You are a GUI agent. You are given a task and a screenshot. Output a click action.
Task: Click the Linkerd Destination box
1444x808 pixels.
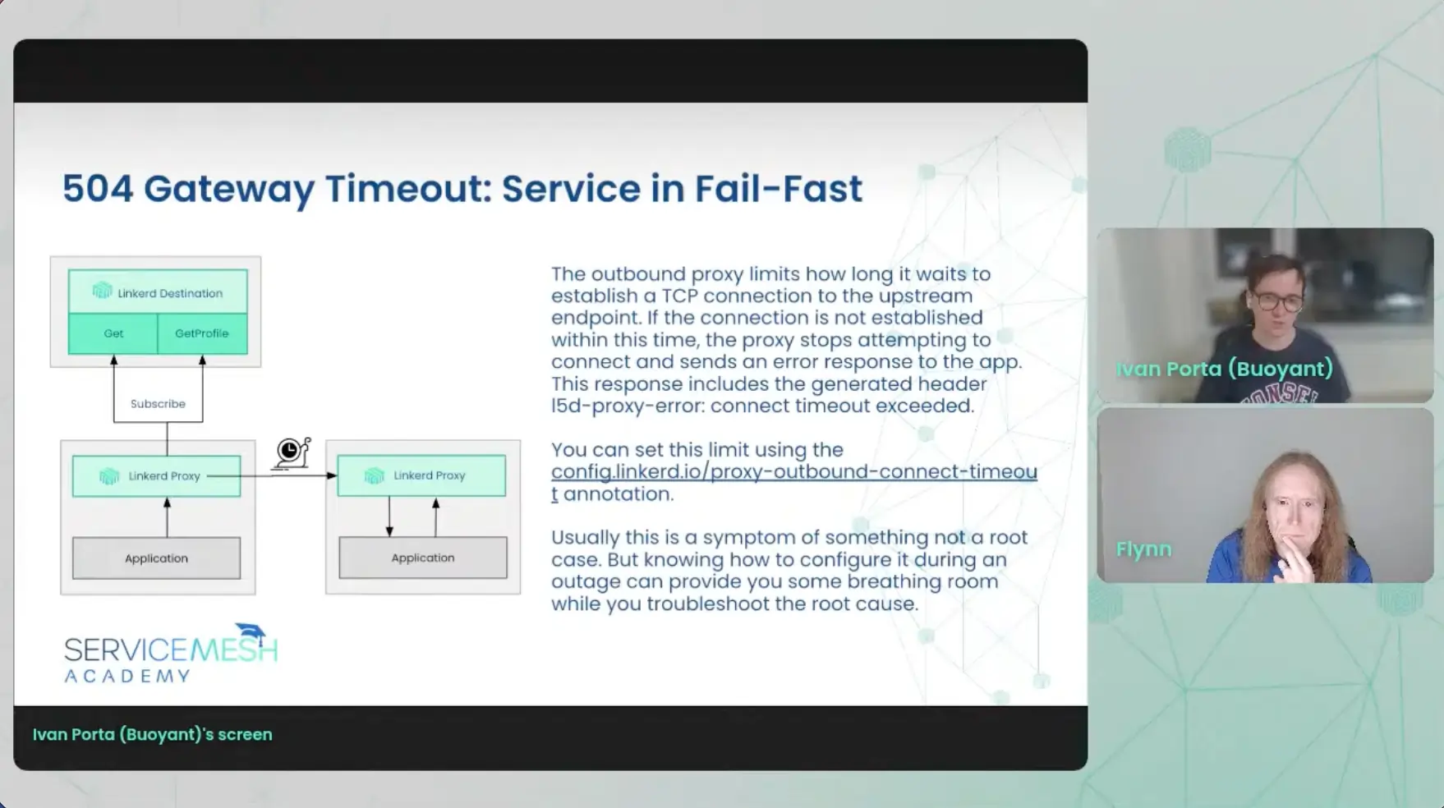click(x=158, y=292)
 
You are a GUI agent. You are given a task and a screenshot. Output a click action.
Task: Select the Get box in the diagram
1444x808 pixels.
click(x=113, y=333)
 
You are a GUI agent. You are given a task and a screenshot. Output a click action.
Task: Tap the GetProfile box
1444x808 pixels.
click(x=202, y=333)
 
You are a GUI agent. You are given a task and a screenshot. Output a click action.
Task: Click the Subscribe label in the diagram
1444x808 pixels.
click(x=158, y=404)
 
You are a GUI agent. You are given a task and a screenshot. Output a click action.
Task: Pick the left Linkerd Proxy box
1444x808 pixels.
click(x=156, y=476)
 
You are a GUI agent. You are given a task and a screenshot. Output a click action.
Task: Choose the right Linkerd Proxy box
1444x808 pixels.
click(x=421, y=475)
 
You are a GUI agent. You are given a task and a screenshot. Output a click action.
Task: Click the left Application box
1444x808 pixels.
click(x=156, y=558)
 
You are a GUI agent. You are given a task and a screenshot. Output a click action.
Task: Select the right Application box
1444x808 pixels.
click(x=423, y=558)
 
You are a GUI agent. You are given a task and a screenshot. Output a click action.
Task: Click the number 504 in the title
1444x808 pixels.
click(x=98, y=189)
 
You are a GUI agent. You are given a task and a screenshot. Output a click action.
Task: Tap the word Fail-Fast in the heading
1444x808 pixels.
click(x=779, y=189)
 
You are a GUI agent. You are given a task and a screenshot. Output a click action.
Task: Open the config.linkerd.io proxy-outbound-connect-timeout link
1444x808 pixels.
click(x=794, y=482)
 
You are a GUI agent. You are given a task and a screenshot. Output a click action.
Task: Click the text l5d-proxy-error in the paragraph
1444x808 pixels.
click(x=628, y=406)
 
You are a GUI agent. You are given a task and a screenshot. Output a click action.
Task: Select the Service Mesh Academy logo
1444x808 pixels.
click(x=171, y=654)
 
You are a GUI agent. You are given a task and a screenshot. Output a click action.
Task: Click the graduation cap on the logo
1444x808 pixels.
click(x=251, y=634)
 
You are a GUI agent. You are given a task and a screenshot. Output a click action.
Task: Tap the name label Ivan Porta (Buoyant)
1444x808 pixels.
click(x=1224, y=369)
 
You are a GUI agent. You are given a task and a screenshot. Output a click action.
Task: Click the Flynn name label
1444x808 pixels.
click(x=1143, y=549)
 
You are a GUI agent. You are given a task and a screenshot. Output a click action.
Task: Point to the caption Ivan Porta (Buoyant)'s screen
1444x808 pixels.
click(x=152, y=735)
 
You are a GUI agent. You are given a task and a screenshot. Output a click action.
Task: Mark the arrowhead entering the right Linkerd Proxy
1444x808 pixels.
click(x=332, y=475)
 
